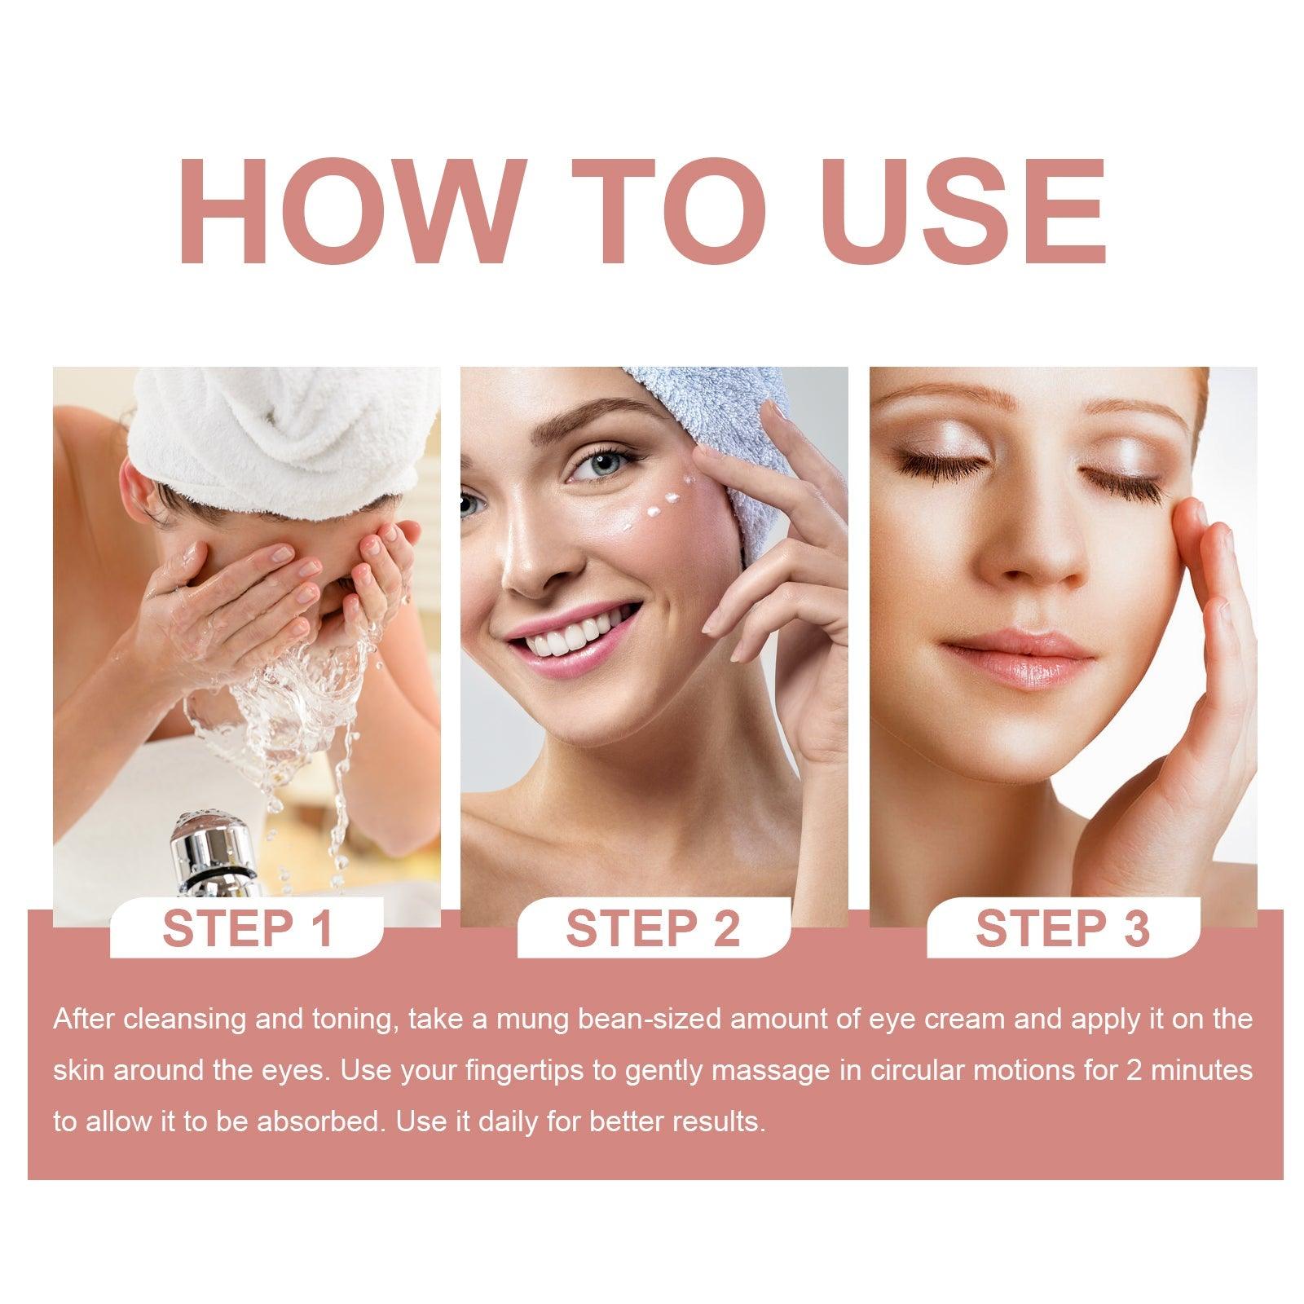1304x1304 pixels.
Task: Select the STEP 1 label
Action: point(248,928)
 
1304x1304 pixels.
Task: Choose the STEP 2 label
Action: point(653,928)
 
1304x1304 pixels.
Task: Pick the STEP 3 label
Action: point(1062,928)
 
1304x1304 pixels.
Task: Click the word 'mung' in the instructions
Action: point(527,1019)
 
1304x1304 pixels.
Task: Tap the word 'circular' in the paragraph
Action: point(894,1070)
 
